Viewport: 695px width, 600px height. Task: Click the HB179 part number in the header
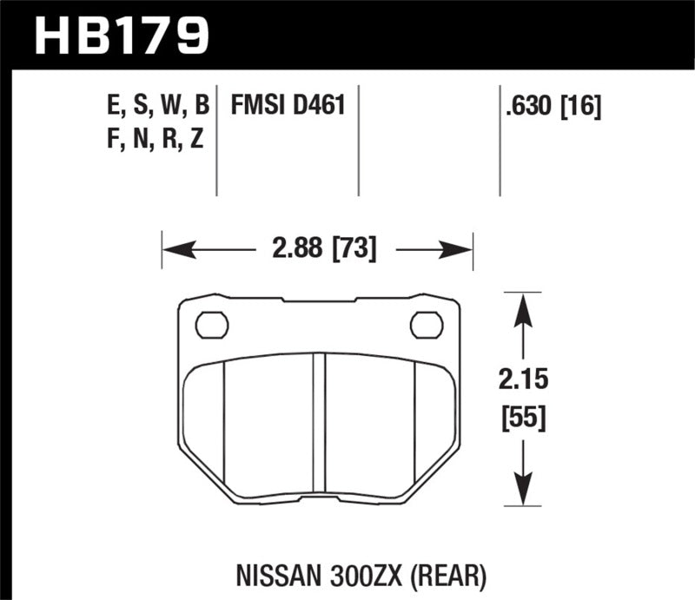122,35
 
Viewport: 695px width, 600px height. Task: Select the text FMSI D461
288,107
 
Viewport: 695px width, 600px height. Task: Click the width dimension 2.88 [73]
316,250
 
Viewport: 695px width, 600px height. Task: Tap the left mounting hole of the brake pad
211,325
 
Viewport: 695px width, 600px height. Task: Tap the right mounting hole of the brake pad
426,325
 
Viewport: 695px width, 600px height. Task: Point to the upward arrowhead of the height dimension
521,309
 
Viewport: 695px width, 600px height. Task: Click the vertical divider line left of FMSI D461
216,139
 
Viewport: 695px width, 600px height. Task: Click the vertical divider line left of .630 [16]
500,139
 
